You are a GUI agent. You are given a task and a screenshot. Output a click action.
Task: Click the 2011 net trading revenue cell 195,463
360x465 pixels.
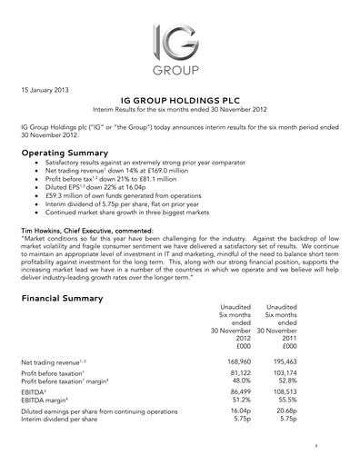pyautogui.click(x=290, y=361)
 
